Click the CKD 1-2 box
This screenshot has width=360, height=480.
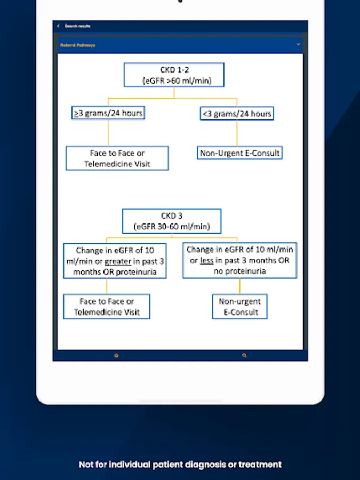tap(174, 75)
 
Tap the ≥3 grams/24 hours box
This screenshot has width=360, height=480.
tap(108, 113)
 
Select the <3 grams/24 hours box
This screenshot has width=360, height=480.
tap(237, 114)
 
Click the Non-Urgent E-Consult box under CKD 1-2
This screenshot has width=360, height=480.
tap(239, 153)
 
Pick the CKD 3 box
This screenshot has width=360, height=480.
tap(172, 221)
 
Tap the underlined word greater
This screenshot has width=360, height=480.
tap(118, 261)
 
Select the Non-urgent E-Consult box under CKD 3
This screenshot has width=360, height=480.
tap(239, 307)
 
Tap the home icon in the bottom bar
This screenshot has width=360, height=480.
tap(116, 355)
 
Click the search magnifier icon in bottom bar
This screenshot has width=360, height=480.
tap(244, 355)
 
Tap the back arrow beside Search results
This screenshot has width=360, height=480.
tap(59, 26)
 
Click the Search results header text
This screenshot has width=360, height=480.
tap(77, 26)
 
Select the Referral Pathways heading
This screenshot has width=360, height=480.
tap(78, 45)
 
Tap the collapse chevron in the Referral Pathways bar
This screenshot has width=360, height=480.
tap(298, 45)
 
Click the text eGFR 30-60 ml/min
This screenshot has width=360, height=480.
tap(172, 227)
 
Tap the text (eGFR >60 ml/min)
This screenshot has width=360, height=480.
tap(174, 81)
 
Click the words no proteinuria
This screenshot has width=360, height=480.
tap(239, 271)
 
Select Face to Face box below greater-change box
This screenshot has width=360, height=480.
tap(107, 307)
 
